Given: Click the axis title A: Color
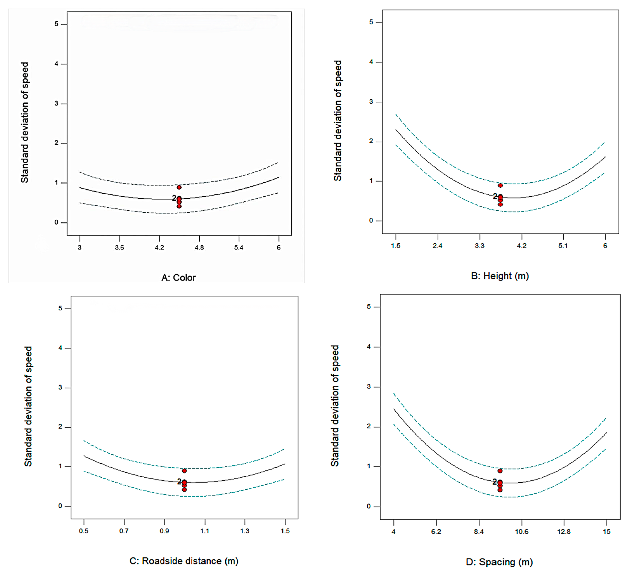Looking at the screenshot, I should point(178,277).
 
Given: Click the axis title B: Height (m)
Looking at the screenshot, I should point(500,276).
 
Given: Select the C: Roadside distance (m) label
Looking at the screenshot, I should point(184,561).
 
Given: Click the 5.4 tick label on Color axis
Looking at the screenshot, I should point(239,248).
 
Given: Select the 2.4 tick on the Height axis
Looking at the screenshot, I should point(437,246).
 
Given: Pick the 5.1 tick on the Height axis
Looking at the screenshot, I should point(563,246).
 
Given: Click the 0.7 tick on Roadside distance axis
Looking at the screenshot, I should point(124,531).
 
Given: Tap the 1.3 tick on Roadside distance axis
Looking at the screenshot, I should point(245,531).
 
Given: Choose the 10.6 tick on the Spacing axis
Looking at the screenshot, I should point(522,532).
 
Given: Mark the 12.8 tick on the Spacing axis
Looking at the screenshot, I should point(564,532).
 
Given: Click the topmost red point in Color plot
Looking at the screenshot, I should point(179,187).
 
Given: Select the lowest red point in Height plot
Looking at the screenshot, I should point(500,204).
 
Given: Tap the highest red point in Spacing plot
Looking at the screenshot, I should point(500,471).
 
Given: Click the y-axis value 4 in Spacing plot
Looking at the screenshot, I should point(369,347).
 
